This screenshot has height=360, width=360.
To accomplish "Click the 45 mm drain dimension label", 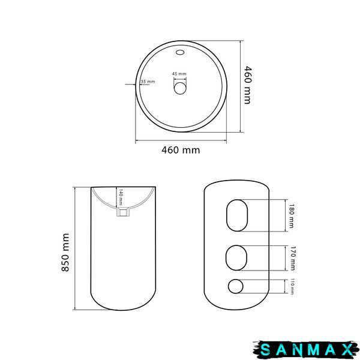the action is tap(179, 74).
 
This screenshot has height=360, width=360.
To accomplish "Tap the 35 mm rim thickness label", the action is tap(148, 82).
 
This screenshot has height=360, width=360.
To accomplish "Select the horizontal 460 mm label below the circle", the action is tap(181, 150).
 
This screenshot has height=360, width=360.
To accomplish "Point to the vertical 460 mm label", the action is tap(247, 85).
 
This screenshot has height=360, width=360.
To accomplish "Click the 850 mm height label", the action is tap(65, 253).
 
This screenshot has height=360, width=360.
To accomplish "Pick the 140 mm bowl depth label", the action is tap(121, 197).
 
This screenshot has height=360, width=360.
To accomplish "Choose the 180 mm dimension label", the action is tap(292, 216).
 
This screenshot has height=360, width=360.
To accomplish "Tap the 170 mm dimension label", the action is tap(293, 258).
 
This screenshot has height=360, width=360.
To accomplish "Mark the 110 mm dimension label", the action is tap(292, 287).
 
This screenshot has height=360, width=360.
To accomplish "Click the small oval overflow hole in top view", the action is tap(180, 52).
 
